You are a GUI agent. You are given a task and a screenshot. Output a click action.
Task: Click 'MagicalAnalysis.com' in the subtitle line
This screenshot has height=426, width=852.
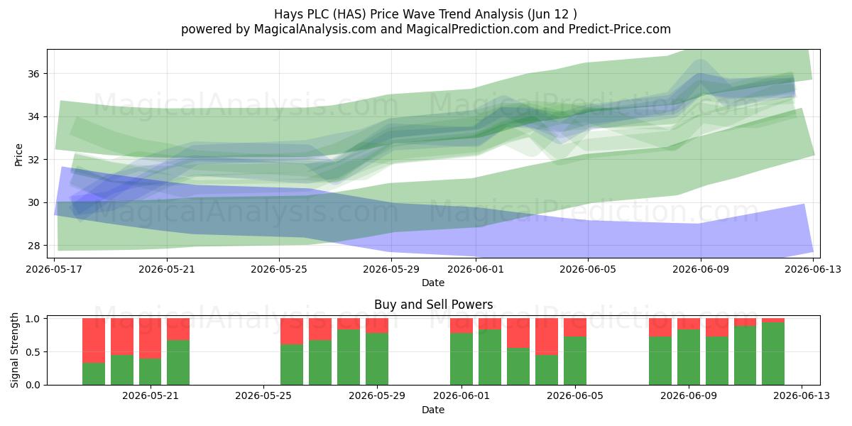(315, 29)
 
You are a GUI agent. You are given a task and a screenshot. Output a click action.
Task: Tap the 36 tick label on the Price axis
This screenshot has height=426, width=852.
(33, 74)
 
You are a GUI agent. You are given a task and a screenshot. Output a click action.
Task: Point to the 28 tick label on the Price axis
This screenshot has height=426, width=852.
(33, 246)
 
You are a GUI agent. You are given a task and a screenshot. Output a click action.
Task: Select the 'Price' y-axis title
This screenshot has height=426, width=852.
(18, 155)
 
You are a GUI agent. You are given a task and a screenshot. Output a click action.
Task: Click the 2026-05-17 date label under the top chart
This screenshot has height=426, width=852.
(54, 269)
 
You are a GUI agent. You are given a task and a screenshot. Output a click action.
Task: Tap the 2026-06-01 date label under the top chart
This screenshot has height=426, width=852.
(476, 269)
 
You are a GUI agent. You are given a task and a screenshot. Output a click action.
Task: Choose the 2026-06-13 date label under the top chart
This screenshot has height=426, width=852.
(813, 269)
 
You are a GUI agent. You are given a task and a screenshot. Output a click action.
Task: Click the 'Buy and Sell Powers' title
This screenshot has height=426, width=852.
(433, 305)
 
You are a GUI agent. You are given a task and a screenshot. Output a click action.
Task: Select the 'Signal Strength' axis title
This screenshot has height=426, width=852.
(14, 350)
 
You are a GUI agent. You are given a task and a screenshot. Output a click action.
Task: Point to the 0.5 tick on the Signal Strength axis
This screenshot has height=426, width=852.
(33, 352)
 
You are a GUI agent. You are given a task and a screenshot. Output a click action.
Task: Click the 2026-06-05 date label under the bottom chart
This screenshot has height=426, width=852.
(574, 396)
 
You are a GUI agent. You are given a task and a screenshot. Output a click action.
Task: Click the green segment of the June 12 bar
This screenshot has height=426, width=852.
(773, 354)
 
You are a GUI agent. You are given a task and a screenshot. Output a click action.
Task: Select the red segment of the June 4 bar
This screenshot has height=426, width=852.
(547, 337)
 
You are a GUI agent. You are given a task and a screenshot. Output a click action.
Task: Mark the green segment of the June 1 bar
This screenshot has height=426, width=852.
(461, 359)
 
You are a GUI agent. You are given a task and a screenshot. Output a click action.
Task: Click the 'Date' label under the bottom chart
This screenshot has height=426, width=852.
(433, 410)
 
